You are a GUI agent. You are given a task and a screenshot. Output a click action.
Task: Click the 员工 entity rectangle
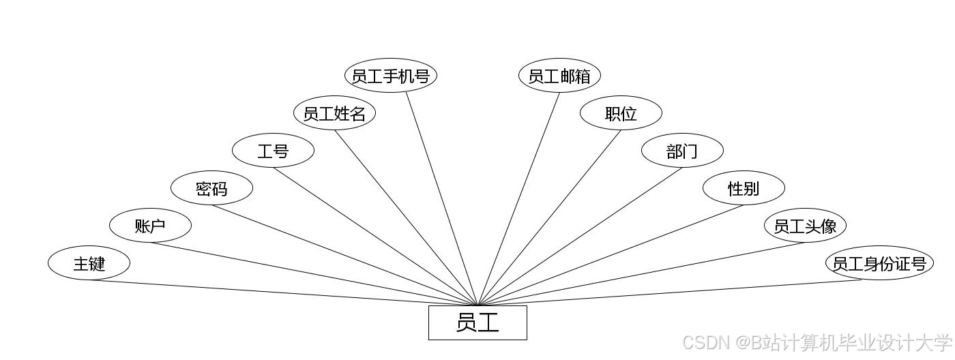477,322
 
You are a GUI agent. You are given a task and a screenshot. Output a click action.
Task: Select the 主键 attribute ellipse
89,263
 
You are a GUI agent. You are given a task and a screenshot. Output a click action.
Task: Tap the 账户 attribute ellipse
150,226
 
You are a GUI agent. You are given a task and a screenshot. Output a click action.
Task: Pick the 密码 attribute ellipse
211,188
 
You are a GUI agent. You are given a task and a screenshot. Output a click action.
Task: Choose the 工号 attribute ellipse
273,151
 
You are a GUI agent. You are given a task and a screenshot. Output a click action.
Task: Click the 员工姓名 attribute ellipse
334,113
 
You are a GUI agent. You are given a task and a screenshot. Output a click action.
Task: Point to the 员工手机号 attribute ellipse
390,76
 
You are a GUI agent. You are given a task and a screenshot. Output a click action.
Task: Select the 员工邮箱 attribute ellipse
559,76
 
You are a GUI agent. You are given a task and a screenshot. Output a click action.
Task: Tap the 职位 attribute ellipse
621,113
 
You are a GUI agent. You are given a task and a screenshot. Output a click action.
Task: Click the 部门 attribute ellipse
682,151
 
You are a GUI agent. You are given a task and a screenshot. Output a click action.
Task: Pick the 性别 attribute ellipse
744,188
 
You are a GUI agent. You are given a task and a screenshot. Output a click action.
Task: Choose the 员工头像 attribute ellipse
805,226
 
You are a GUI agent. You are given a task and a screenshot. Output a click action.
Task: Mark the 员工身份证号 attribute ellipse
879,263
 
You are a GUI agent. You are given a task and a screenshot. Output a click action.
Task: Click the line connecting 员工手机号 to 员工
442,198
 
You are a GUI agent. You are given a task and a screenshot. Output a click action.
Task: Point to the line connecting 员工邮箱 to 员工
518,198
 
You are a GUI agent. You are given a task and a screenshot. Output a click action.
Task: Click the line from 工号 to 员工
375,236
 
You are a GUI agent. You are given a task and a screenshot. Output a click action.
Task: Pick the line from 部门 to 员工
580,236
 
